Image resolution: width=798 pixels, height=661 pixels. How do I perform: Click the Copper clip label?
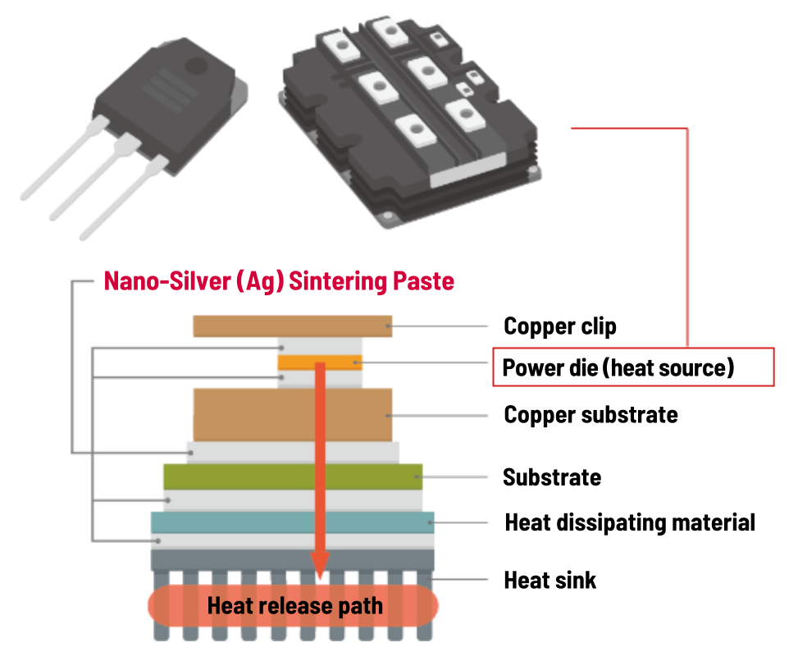[559, 326]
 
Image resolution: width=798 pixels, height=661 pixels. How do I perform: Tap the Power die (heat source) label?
[618, 367]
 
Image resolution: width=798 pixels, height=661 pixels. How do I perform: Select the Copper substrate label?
[591, 414]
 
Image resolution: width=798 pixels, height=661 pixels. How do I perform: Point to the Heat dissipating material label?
[629, 522]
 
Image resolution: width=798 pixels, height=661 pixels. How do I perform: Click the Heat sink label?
[549, 581]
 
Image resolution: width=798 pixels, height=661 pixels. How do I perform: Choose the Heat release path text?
[294, 607]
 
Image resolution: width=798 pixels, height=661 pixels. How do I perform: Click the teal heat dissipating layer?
[246, 522]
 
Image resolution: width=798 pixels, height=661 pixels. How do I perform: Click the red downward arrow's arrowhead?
[320, 563]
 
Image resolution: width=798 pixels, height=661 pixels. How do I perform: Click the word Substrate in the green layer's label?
[551, 477]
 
